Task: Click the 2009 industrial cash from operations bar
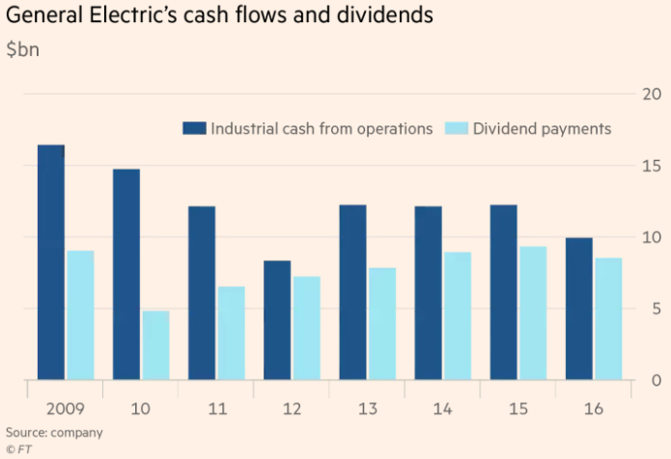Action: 51,262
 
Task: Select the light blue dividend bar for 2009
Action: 80,315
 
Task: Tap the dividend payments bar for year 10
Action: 155,345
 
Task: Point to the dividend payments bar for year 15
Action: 533,313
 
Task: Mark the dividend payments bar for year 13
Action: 381,324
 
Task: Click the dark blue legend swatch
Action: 195,129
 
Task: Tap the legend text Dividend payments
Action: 542,129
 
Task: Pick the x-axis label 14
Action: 442,409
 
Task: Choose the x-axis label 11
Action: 216,409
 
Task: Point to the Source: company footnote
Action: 55,432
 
